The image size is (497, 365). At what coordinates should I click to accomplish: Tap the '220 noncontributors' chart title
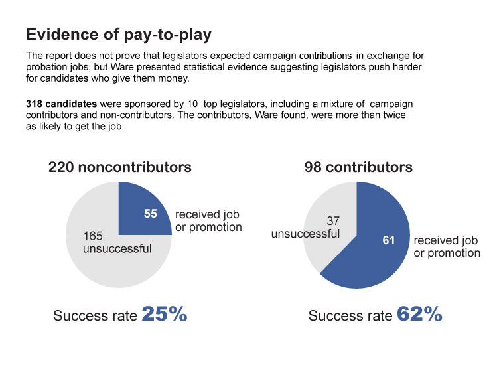[119, 167]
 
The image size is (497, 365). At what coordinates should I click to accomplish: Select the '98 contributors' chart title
[358, 167]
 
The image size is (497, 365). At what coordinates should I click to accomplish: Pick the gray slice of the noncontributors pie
[100, 265]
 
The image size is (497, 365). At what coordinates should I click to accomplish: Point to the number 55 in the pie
[151, 214]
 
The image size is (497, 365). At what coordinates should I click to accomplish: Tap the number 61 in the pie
[389, 240]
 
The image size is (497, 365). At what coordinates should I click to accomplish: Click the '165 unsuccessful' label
[117, 242]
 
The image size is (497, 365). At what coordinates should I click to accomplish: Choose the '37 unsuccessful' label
[306, 227]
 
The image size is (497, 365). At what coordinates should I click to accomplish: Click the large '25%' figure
[165, 314]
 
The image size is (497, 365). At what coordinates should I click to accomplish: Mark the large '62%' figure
[419, 314]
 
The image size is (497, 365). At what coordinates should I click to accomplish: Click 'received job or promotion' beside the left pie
[208, 221]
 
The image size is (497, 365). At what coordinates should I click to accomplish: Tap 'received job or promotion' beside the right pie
[447, 247]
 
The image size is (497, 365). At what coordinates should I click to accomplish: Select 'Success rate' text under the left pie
[95, 316]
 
